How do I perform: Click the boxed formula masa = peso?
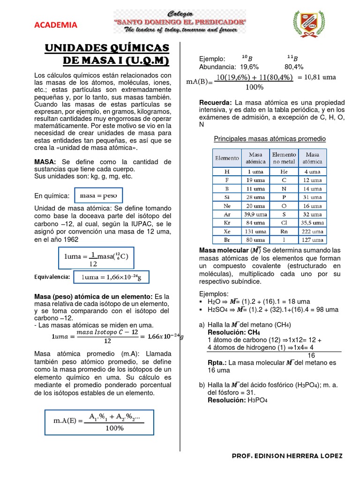click(98, 195)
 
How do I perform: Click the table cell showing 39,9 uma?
click(255, 214)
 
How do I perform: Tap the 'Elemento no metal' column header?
click(284, 158)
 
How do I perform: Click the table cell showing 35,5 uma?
click(312, 223)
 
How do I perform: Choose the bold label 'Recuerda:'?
click(216, 102)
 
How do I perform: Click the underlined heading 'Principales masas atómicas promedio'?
click(270, 139)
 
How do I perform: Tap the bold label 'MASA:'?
click(45, 162)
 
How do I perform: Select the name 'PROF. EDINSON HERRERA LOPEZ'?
click(287, 456)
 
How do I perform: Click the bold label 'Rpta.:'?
click(218, 362)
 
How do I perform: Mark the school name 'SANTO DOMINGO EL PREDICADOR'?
click(180, 22)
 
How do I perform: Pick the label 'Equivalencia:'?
click(52, 277)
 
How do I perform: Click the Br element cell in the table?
click(227, 240)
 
